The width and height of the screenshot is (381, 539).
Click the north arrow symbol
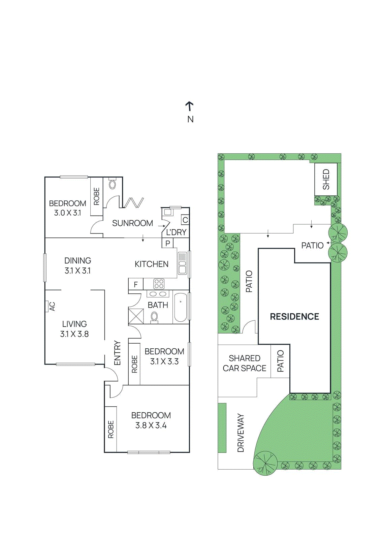click(x=190, y=106)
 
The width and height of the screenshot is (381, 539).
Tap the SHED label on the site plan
click(x=326, y=179)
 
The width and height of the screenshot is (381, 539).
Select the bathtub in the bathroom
click(x=181, y=307)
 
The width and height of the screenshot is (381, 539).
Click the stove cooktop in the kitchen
click(x=159, y=284)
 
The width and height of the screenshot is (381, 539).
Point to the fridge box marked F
click(x=136, y=284)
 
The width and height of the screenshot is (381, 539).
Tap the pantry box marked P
click(x=167, y=243)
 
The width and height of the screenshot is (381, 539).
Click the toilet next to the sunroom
click(x=113, y=184)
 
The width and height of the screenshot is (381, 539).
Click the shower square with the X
click(x=136, y=316)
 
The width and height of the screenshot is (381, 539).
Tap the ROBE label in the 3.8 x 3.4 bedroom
click(x=111, y=429)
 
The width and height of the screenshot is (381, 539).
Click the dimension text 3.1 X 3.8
click(x=74, y=334)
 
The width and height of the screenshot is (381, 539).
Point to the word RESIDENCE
click(x=294, y=317)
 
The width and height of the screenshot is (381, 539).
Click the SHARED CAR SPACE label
click(x=245, y=363)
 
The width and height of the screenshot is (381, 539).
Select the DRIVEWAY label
click(x=241, y=433)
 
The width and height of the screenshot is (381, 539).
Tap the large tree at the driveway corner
click(x=265, y=463)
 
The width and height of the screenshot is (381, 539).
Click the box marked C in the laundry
click(x=185, y=220)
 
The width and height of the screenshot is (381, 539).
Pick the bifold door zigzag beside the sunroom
click(x=134, y=203)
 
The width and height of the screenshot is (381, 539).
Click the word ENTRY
click(x=117, y=353)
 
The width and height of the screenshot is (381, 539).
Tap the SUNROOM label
click(x=132, y=223)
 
